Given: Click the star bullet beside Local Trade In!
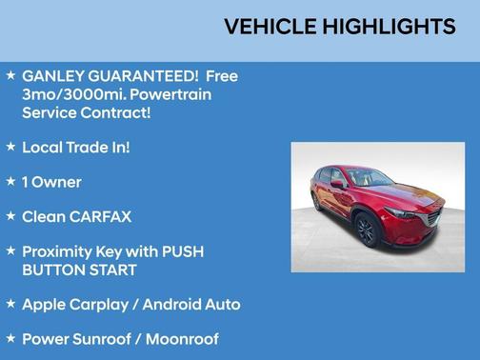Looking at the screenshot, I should point(10,147).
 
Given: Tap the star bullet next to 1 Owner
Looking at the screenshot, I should point(10,181).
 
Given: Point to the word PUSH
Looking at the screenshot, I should point(180,251).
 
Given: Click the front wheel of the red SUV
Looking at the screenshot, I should point(367,229).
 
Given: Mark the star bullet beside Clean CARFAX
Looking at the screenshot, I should point(10,216).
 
